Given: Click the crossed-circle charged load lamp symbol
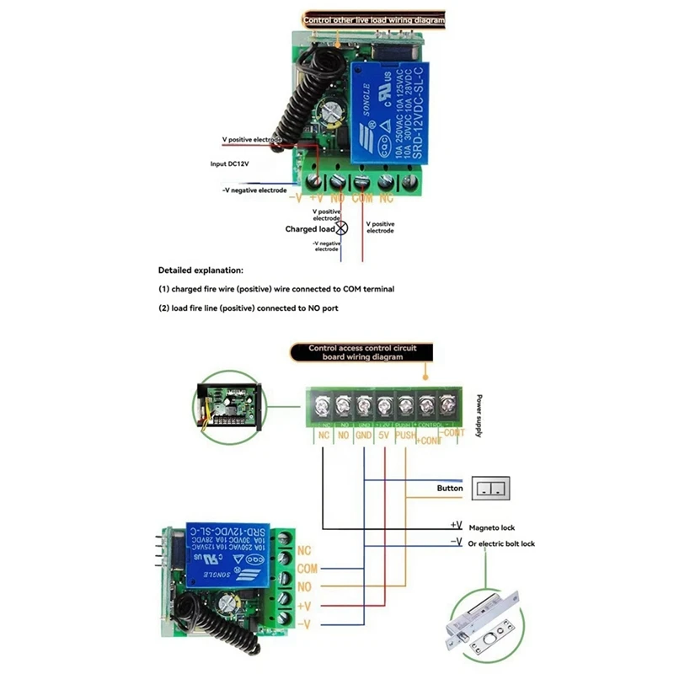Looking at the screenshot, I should click(x=342, y=228).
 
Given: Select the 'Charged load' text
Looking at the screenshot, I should click(x=310, y=228).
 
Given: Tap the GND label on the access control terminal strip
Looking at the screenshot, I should click(x=364, y=437).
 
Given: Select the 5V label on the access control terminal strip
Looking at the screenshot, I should click(x=385, y=437).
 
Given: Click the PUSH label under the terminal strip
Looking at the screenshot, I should click(x=405, y=437).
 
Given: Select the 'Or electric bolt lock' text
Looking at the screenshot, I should click(x=501, y=543).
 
